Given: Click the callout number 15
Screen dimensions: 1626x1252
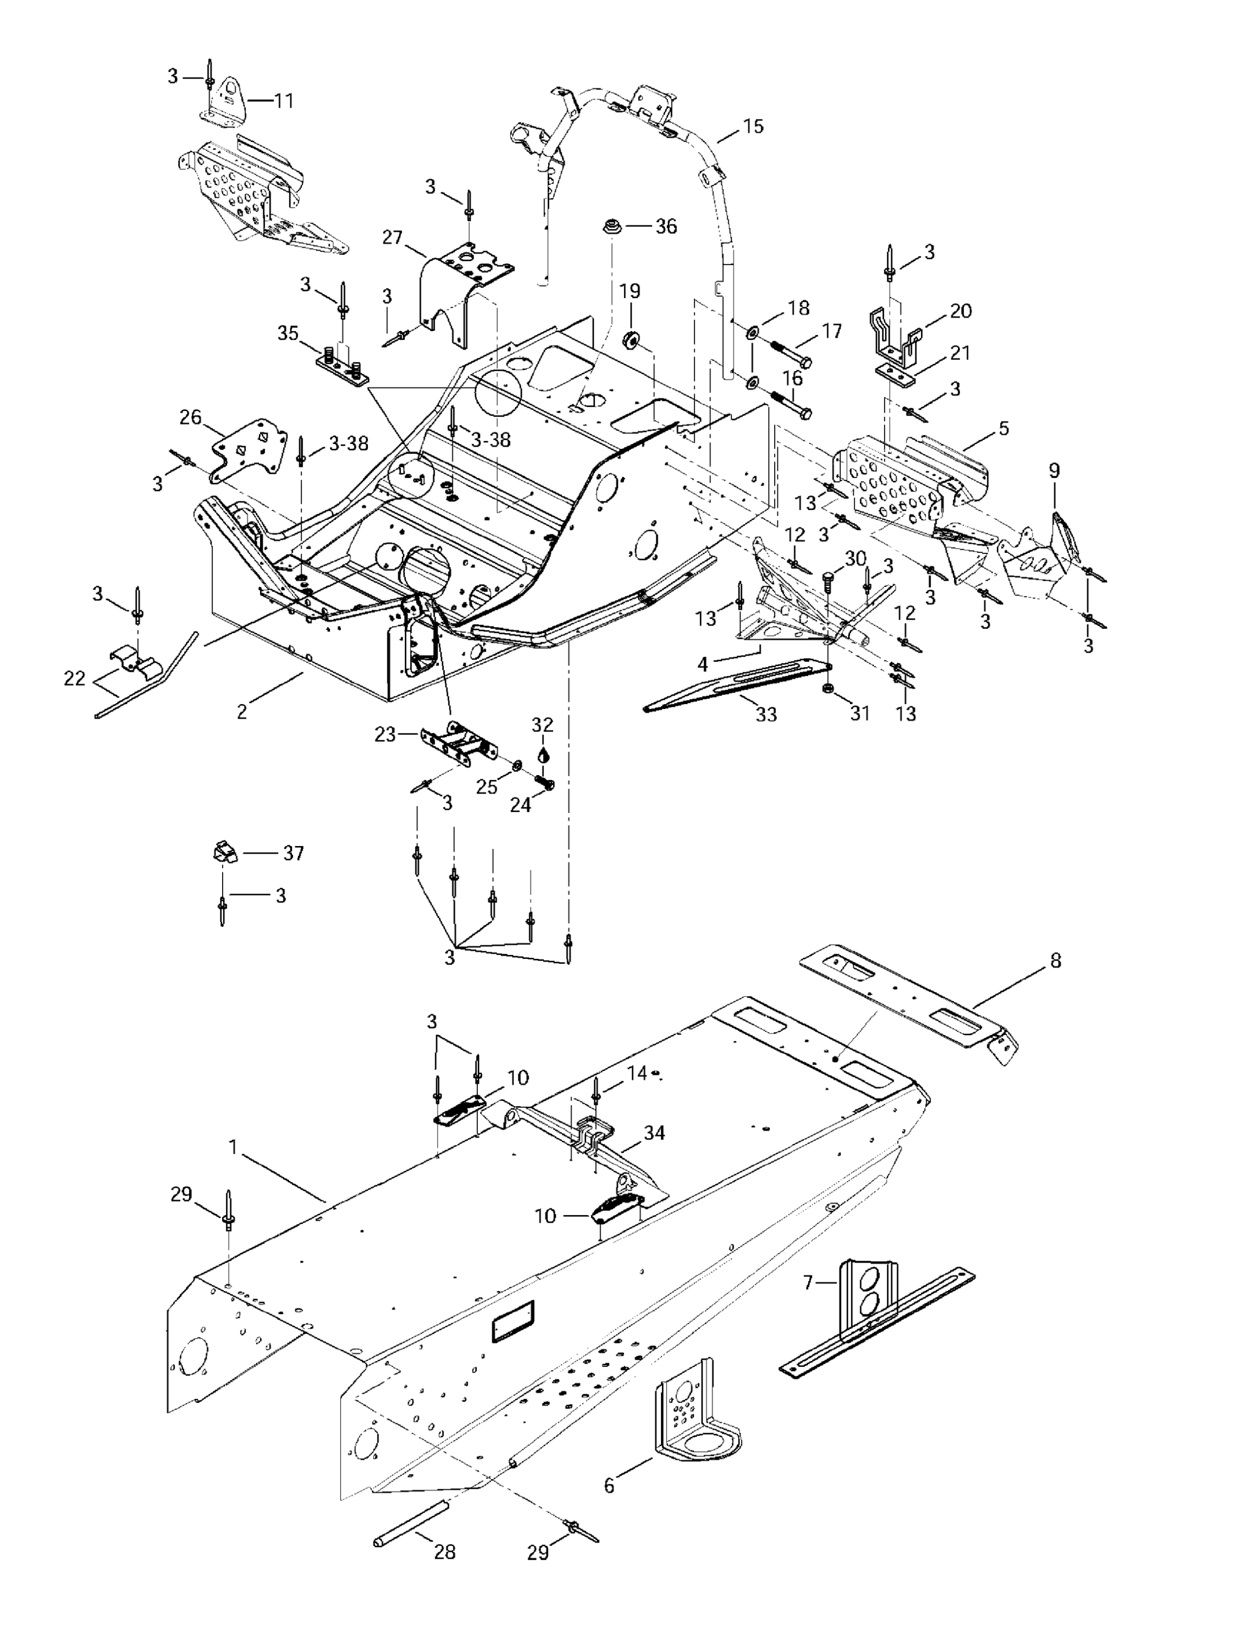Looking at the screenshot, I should point(753,127).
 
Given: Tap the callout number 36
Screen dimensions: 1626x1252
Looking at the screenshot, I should point(665,227).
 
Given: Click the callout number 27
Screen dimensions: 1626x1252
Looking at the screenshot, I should point(392,237).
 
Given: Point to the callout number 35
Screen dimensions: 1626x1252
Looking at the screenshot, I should point(288,333).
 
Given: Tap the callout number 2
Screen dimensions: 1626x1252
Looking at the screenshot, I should point(242,712).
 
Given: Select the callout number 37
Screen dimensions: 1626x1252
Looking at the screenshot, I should point(293,853).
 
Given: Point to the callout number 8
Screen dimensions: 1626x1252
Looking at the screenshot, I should point(1055,960).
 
